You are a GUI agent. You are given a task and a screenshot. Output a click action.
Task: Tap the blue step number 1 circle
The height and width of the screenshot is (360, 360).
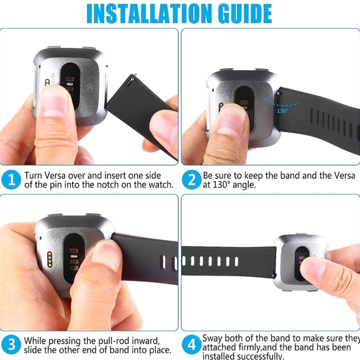pos(11,180)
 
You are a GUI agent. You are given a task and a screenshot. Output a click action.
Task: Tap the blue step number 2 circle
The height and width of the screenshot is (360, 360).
pos(191,180)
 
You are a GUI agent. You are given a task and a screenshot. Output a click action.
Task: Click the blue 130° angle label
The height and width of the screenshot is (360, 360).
pos(282,110)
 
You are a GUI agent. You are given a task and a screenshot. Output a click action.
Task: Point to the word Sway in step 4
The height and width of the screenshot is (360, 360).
pos(214,338)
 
